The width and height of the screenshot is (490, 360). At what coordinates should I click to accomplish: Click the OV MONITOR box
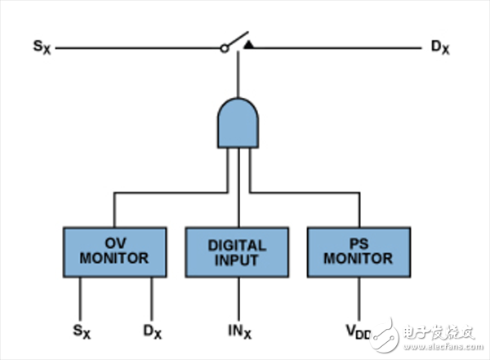click(114, 251)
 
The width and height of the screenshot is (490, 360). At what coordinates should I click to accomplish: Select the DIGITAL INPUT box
click(238, 252)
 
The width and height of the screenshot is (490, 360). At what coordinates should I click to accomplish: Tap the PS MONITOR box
click(359, 251)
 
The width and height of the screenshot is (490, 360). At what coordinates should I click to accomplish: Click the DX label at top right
click(440, 47)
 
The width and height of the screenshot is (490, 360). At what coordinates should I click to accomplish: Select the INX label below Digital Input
click(238, 332)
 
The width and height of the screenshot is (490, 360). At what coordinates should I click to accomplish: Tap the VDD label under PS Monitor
click(356, 332)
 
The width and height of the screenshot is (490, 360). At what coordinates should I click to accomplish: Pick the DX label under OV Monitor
click(153, 332)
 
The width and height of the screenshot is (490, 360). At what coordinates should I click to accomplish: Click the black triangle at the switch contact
click(248, 43)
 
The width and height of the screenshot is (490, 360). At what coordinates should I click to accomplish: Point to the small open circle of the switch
click(223, 48)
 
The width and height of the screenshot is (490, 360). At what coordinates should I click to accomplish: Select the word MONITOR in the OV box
click(114, 259)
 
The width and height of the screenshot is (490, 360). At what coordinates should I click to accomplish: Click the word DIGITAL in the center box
click(238, 245)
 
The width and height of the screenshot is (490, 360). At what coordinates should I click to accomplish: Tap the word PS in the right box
click(359, 244)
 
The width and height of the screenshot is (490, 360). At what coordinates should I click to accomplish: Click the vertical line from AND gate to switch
click(238, 78)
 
